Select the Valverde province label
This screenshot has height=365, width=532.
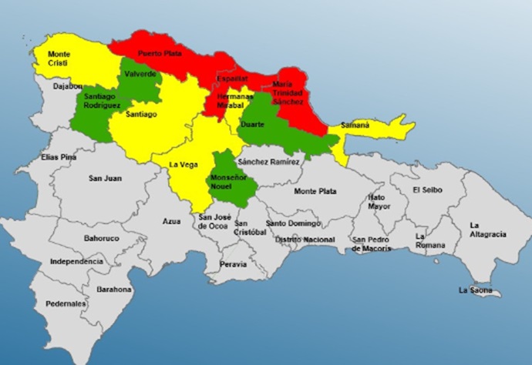point(140,74)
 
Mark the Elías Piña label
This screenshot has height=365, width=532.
point(60,157)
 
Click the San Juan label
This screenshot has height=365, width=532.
point(105,179)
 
